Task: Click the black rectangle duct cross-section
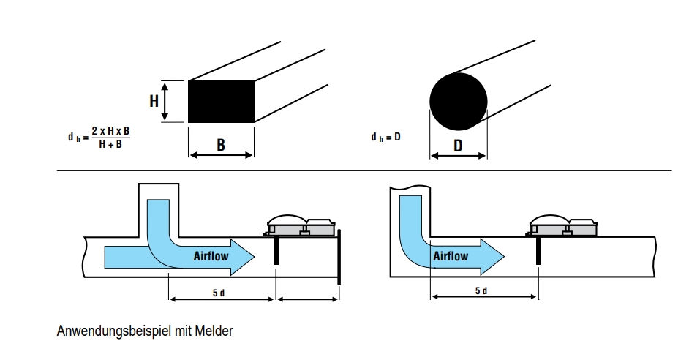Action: click(x=222, y=101)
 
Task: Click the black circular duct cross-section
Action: click(x=458, y=101)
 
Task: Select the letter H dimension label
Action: click(x=154, y=101)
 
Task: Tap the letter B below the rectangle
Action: click(x=221, y=146)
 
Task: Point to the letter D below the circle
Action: click(x=458, y=146)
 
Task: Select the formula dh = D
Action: click(x=386, y=137)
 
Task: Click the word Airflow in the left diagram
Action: click(x=212, y=256)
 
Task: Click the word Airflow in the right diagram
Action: click(x=451, y=256)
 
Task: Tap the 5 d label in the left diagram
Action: click(x=219, y=293)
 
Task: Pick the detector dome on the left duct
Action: click(x=286, y=222)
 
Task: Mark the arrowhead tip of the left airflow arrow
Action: click(x=254, y=256)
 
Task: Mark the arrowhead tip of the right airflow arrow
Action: click(x=504, y=256)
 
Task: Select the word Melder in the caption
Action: click(x=214, y=331)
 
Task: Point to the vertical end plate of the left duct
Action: click(x=339, y=256)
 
